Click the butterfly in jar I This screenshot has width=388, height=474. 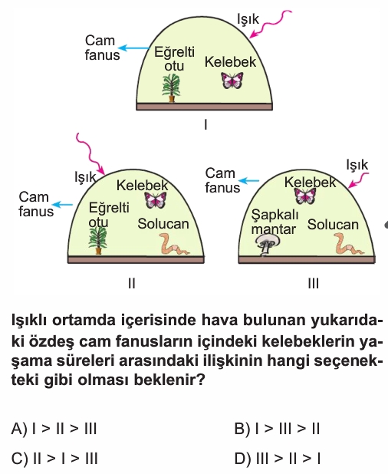(x=232, y=81)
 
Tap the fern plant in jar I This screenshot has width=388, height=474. (x=171, y=88)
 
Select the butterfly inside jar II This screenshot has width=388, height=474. (x=156, y=200)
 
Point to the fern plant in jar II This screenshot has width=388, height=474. (x=98, y=241)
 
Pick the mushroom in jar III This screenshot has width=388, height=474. (x=268, y=245)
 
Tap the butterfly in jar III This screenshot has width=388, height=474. (x=305, y=196)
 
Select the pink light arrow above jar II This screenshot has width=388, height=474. (x=90, y=153)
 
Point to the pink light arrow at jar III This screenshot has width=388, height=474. (x=357, y=180)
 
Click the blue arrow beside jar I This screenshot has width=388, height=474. (x=133, y=48)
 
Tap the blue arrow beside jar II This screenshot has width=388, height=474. (x=63, y=205)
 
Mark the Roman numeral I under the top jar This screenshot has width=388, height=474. (x=206, y=124)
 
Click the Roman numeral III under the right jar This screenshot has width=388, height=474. (x=313, y=284)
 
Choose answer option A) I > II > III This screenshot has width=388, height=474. (x=54, y=428)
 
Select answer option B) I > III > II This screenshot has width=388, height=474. (x=277, y=428)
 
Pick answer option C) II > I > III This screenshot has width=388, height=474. (x=54, y=459)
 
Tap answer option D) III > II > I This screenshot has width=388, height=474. (x=277, y=459)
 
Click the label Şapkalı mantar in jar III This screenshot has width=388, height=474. (x=275, y=222)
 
